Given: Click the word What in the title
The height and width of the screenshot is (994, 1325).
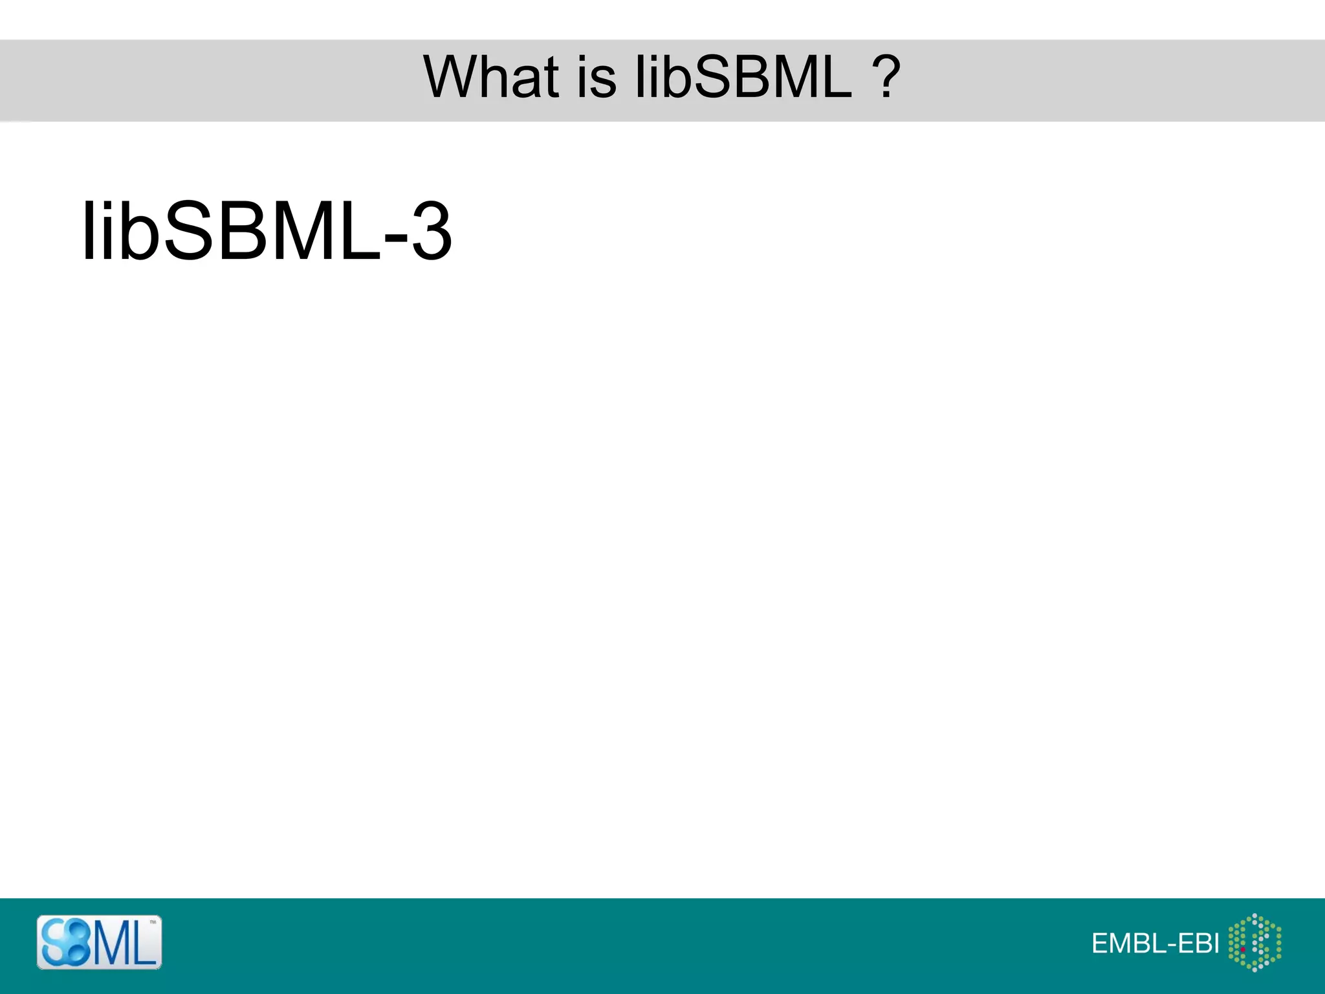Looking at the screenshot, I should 491,77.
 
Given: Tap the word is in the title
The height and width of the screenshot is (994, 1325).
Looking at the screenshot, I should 595,77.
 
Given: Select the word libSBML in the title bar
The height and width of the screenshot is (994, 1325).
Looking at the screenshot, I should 743,77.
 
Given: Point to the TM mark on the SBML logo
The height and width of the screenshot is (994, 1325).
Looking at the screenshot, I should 153,922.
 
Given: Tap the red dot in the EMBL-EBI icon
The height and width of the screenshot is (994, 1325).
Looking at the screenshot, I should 1243,949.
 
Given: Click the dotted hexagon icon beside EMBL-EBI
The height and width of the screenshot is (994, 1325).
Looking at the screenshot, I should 1254,942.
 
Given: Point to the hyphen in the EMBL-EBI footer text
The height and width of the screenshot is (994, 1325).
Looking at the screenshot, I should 1168,945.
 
